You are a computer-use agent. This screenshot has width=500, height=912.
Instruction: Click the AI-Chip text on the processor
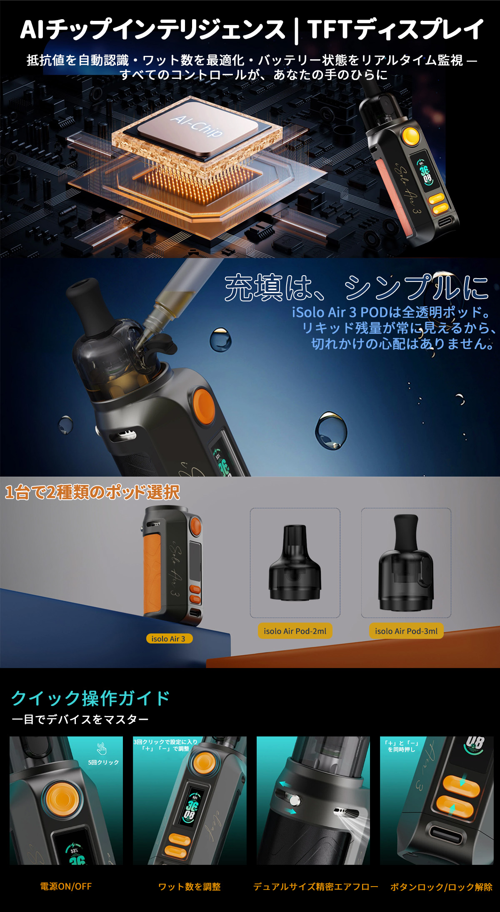point(197,125)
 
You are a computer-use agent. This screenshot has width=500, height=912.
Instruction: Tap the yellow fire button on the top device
point(411,136)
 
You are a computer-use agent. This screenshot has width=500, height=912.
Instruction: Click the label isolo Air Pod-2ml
point(295,631)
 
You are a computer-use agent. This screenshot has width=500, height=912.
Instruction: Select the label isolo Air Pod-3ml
point(406,631)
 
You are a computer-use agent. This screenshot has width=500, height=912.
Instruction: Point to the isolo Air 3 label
point(169,638)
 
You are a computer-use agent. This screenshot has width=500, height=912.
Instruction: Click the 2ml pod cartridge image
point(295,563)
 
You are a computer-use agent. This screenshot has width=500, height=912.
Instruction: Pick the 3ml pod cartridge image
point(406,563)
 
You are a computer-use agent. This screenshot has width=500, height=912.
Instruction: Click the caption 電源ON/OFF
point(66,886)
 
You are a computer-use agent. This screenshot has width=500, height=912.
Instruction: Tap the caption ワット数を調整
point(190,887)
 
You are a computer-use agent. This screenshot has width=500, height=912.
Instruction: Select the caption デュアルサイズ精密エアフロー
point(315,887)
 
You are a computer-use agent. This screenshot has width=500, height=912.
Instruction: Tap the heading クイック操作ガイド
point(90,698)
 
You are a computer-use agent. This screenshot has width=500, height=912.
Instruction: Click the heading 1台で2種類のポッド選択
point(92,492)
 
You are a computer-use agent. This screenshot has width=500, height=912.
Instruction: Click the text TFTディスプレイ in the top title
point(395,29)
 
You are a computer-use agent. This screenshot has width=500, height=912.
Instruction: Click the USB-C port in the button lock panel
point(446,836)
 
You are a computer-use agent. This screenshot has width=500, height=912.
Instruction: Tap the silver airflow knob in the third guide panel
point(295,800)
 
